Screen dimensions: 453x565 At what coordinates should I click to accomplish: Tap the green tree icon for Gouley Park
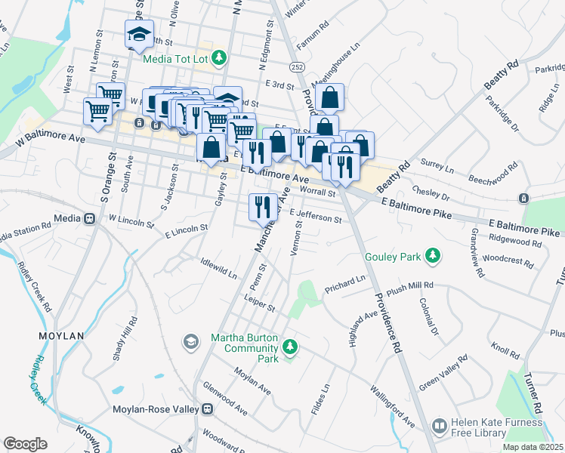tap(433, 257)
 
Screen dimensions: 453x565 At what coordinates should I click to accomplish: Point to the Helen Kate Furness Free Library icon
tap(439, 427)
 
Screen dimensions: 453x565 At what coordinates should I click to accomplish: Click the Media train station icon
tap(89, 219)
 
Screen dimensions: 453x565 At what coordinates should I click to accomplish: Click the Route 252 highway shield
tap(300, 67)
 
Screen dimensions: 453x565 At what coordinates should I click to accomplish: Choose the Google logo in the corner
tap(25, 443)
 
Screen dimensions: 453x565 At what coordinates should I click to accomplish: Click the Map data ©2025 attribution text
tap(533, 447)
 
